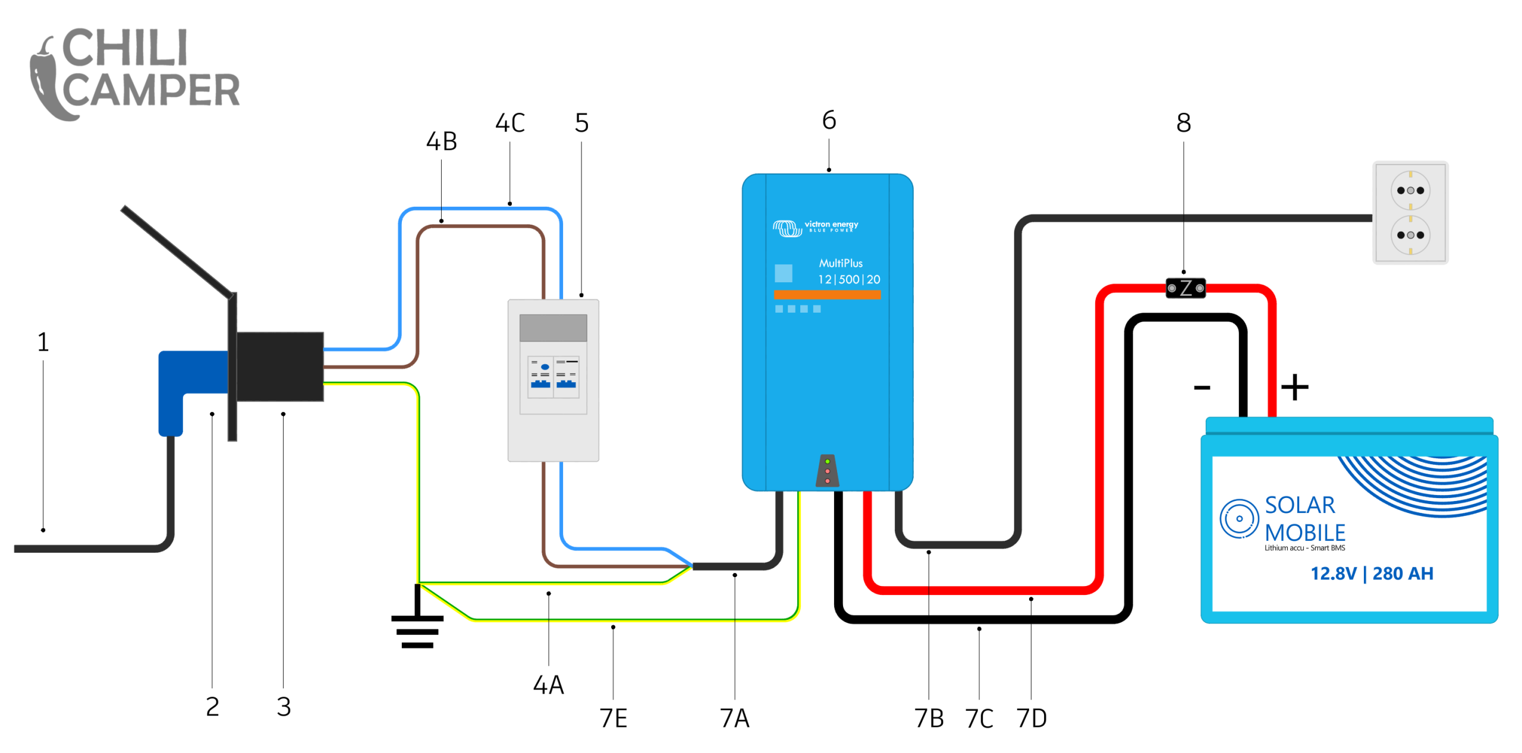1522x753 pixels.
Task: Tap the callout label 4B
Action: [x=441, y=141]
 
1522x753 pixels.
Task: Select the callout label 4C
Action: [x=510, y=123]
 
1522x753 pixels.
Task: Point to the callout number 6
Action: [x=829, y=120]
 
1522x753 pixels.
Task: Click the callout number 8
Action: [x=1183, y=123]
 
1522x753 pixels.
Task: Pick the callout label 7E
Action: [x=613, y=718]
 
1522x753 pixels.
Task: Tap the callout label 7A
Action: [x=734, y=718]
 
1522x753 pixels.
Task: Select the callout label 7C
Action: [x=979, y=719]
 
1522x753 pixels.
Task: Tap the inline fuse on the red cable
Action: [x=1185, y=288]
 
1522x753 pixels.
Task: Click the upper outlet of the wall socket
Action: [x=1410, y=190]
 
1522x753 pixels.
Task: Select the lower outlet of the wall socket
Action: [x=1410, y=235]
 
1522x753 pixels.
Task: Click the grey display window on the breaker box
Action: [x=553, y=327]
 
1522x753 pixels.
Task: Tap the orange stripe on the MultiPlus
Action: [x=826, y=294]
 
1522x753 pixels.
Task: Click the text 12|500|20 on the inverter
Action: [x=848, y=279]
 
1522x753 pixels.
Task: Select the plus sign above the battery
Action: [x=1294, y=387]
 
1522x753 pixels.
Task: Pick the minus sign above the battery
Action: [x=1202, y=388]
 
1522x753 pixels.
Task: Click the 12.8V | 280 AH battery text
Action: [x=1372, y=574]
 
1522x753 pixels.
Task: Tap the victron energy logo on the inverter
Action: [x=815, y=227]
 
